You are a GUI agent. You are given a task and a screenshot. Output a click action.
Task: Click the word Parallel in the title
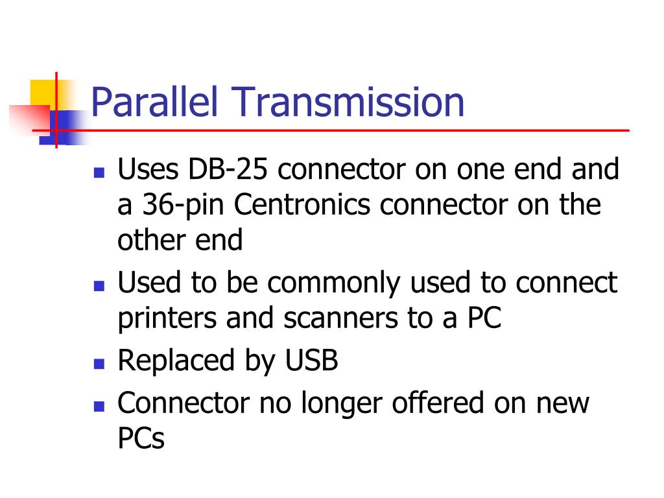156,104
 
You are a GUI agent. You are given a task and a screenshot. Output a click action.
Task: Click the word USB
312,361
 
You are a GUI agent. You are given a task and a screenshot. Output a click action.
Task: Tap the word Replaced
171,361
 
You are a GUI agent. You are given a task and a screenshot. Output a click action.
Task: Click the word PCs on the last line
141,438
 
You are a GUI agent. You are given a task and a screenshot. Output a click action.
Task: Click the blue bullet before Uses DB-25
99,174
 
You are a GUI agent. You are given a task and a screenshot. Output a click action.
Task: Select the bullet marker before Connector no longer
99,407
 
